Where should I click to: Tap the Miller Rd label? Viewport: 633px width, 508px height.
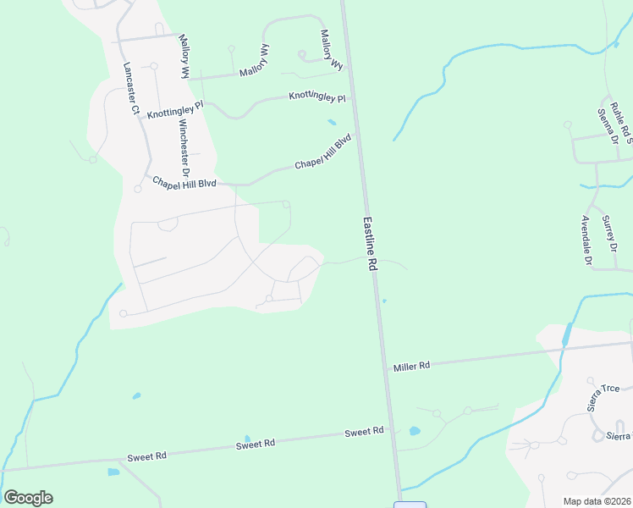pos(412,366)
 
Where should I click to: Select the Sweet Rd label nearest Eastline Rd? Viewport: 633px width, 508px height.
pos(364,432)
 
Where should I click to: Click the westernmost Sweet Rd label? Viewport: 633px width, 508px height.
pos(146,456)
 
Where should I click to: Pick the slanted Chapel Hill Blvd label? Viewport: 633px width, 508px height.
pos(322,152)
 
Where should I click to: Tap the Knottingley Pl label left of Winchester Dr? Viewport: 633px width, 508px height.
pos(175,111)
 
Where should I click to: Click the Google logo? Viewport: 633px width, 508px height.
pos(28,498)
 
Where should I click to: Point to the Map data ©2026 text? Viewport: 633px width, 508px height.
pos(597,501)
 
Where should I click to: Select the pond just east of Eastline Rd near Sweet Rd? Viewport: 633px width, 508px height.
pos(415,431)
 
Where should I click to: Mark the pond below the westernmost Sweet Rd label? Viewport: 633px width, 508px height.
pos(113,472)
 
